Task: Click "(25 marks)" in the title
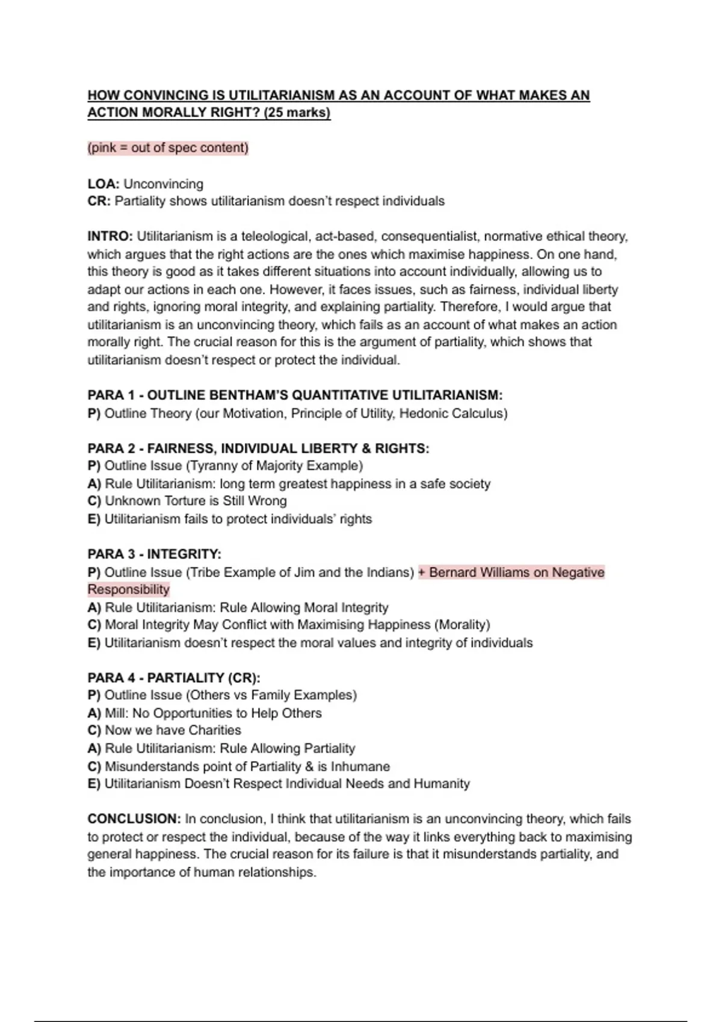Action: coord(297,112)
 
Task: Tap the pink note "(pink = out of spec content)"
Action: coord(168,148)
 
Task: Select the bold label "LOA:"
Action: coord(103,183)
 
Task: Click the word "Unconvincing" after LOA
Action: coord(163,183)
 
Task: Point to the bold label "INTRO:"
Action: coord(110,236)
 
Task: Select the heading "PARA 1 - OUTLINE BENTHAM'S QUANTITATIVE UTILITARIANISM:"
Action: coord(295,395)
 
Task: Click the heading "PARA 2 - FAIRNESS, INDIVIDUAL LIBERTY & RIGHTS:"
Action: coord(258,448)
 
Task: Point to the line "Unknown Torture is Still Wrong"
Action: coord(196,501)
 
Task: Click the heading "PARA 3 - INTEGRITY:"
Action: coord(155,554)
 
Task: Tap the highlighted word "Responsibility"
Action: coord(129,589)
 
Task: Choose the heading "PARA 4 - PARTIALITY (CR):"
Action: coord(174,678)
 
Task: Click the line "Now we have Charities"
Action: coord(173,730)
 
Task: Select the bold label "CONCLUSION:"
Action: coord(134,819)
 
